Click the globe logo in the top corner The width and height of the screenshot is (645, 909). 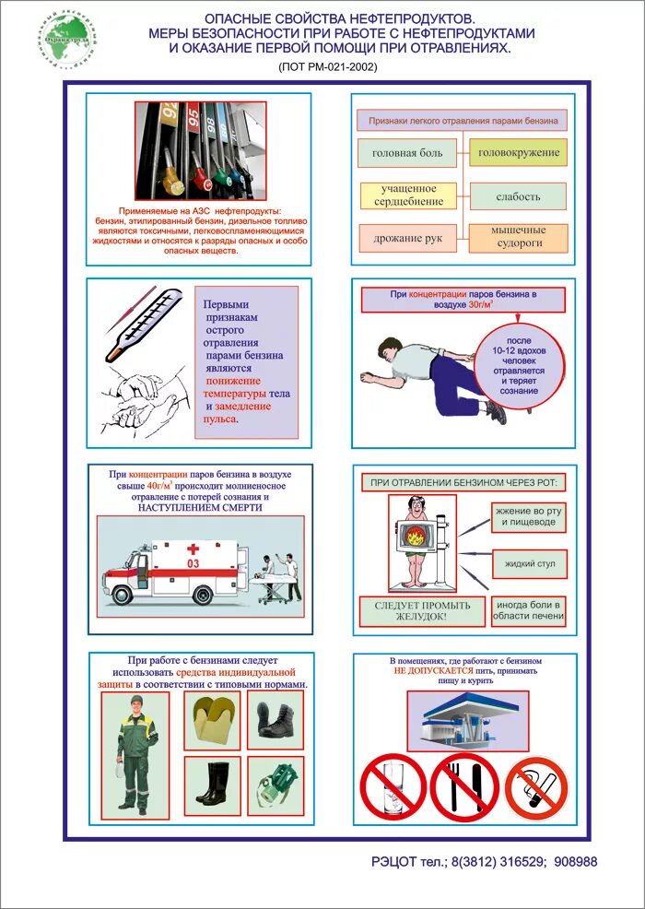[67, 38]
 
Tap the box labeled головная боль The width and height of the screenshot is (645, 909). [406, 152]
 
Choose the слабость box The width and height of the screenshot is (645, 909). [518, 195]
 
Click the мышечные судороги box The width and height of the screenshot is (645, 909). [518, 237]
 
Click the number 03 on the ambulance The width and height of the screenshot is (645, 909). [193, 562]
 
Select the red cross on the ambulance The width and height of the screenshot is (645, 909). [193, 548]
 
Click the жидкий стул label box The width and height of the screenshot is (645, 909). [529, 562]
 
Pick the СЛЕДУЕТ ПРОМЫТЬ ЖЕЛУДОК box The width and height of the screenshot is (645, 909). [422, 611]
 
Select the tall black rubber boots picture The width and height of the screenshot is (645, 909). [211, 785]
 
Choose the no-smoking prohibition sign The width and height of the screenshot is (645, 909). [536, 788]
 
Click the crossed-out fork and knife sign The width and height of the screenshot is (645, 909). [464, 787]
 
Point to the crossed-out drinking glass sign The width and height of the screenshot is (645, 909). [393, 787]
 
